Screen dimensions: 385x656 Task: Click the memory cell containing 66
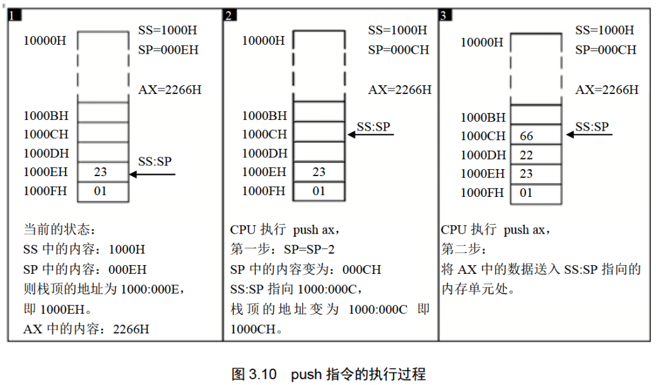coord(536,136)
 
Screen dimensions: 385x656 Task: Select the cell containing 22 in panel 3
coord(536,155)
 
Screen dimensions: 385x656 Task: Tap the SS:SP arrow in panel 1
coord(151,174)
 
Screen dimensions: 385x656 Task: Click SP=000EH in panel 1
coord(168,49)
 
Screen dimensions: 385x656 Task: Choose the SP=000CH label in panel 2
coord(399,49)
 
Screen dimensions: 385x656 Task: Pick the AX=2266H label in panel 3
coord(606,90)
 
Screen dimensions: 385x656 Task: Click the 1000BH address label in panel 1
coord(46,115)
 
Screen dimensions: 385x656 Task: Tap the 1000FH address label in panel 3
coord(483,192)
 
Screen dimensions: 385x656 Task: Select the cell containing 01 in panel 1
coord(102,191)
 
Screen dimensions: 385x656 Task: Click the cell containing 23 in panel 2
coord(319,172)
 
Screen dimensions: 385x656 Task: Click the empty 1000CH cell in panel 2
coord(319,134)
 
